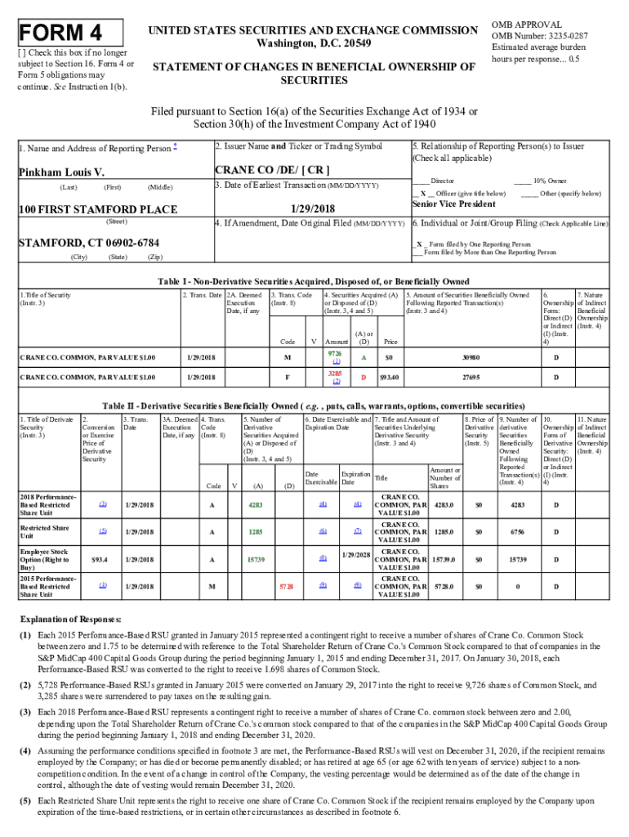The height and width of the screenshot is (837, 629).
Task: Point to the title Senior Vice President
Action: (x=453, y=204)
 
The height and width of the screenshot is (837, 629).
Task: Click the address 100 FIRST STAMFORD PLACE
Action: (x=98, y=209)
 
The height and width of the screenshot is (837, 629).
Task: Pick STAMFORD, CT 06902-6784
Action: (x=89, y=244)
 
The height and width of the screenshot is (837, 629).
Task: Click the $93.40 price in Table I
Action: (x=389, y=378)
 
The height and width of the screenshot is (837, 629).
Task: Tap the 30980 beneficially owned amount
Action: (x=471, y=357)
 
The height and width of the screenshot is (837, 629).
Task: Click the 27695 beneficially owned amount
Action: (x=471, y=378)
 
